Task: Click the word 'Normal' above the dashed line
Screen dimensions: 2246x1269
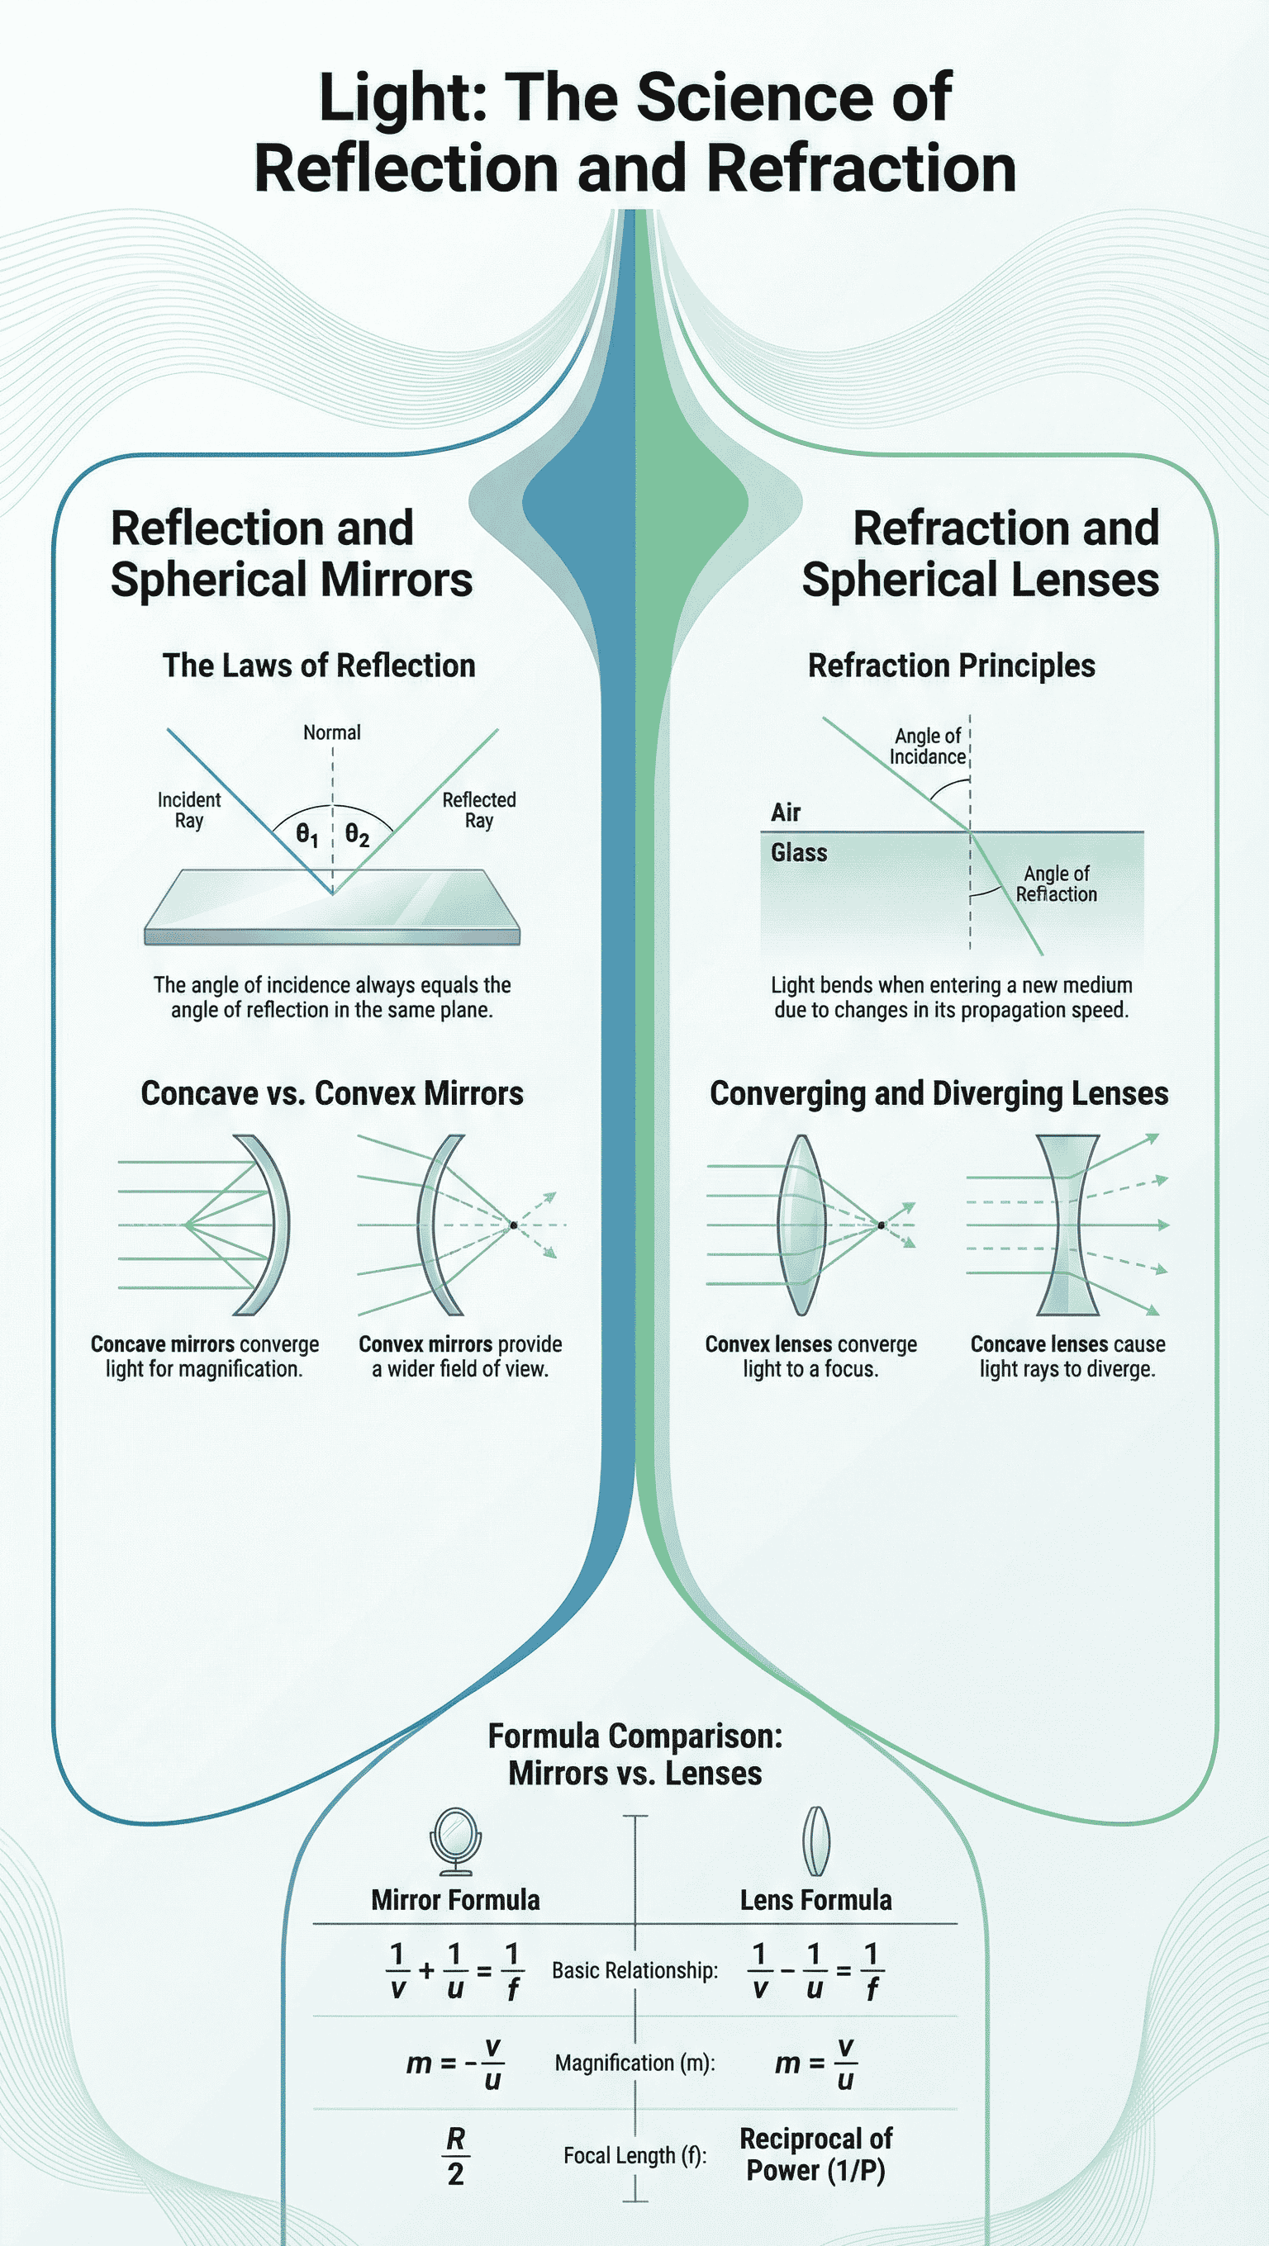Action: (x=331, y=732)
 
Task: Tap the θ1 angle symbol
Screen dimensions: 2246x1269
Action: (x=307, y=836)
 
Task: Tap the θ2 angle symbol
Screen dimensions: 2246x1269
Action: (x=357, y=836)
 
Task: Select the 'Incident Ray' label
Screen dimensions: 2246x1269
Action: (x=188, y=810)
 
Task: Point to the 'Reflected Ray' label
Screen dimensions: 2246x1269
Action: (x=479, y=810)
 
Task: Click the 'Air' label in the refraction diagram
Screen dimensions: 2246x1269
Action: (x=785, y=813)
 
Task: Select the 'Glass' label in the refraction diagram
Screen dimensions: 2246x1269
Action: (x=798, y=853)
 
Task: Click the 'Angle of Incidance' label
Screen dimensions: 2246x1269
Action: (x=927, y=746)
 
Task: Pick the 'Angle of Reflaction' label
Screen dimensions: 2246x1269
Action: (x=1056, y=884)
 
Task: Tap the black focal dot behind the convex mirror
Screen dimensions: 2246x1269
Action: (x=514, y=1225)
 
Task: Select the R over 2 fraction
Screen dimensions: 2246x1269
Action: (x=455, y=2155)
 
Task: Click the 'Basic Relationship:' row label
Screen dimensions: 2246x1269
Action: (x=634, y=1970)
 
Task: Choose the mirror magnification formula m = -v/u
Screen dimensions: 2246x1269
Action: (x=454, y=2063)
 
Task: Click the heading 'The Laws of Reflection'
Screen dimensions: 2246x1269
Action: (x=318, y=666)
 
